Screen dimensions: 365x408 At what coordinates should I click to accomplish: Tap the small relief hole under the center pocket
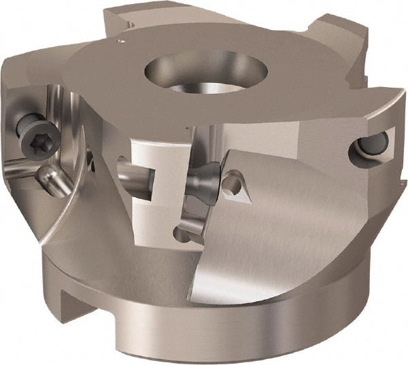[x=182, y=235]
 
